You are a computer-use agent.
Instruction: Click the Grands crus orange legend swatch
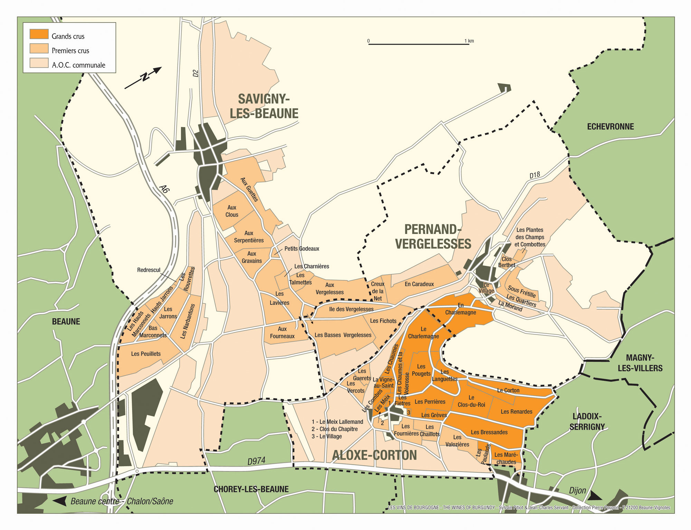coord(39,34)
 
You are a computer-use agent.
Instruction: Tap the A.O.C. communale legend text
coord(78,65)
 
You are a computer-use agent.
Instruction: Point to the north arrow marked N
coord(143,78)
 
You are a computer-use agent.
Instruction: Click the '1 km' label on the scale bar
coord(469,41)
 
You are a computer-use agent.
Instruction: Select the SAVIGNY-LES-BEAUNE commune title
coord(264,106)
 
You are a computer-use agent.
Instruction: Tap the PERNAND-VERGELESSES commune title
coord(433,237)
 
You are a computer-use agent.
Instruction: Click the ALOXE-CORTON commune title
coord(374,455)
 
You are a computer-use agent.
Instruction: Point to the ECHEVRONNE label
coord(610,127)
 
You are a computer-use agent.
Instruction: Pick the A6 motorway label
coord(165,189)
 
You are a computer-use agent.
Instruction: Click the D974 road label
coord(256,461)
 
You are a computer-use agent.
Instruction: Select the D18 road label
coord(534,175)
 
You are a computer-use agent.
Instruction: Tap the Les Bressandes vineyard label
coord(489,432)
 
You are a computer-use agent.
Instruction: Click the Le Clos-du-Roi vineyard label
coord(471,401)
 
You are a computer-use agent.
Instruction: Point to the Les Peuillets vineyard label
coord(146,354)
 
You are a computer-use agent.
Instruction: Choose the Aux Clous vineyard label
coord(232,211)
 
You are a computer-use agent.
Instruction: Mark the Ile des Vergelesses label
coord(351,309)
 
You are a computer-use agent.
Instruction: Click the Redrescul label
coord(149,270)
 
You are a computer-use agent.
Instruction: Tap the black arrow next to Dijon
coord(595,497)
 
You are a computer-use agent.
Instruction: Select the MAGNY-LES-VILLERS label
coord(640,363)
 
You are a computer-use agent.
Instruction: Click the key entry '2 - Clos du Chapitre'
coord(334,429)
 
